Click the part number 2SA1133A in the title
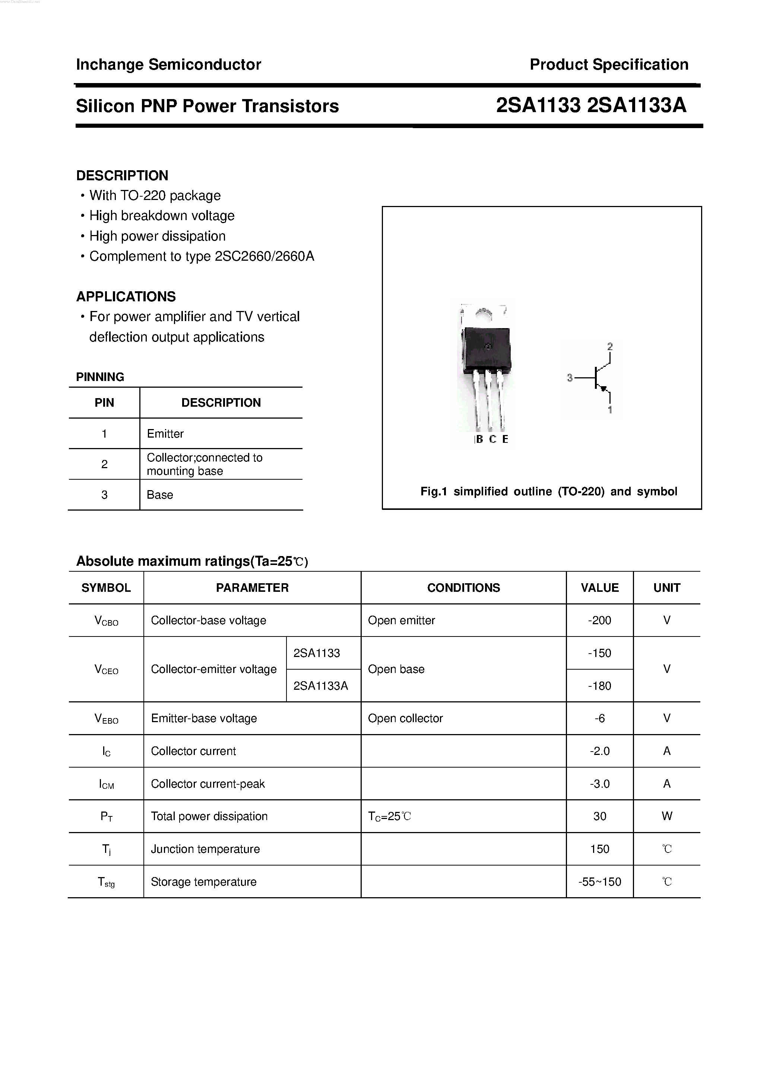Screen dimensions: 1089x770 tap(636, 105)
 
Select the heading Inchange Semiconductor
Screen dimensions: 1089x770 tap(168, 64)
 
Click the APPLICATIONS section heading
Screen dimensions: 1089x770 tap(126, 296)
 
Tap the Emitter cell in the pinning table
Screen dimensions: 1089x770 tap(165, 434)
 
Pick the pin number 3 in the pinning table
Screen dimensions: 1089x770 tap(104, 495)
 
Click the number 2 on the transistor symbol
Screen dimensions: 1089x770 tap(610, 347)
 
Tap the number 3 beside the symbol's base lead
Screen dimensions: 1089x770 tap(570, 378)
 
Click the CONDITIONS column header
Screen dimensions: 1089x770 tap(463, 588)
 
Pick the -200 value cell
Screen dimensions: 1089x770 tap(599, 620)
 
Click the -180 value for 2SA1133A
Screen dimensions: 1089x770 tap(599, 686)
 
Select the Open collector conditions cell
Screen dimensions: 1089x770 tap(405, 718)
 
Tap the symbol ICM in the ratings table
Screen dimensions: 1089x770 tap(106, 784)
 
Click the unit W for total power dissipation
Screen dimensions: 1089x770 tap(666, 816)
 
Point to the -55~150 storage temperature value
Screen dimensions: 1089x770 tap(599, 882)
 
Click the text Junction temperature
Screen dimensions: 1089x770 tap(205, 849)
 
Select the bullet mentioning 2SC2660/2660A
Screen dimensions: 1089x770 tap(202, 256)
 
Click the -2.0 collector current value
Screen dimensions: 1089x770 tap(599, 751)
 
